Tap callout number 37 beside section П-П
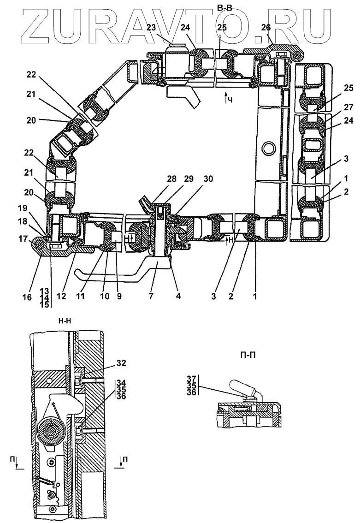pyautogui.click(x=191, y=379)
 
